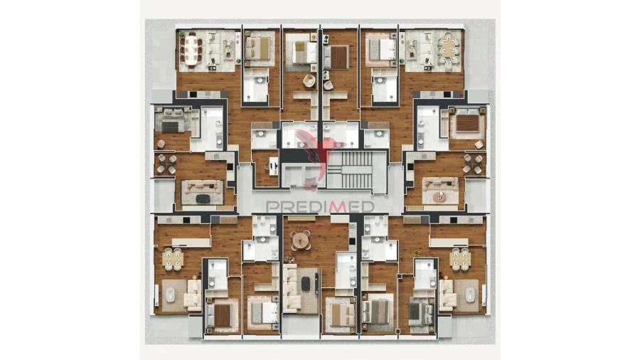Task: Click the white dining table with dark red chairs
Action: (191, 49)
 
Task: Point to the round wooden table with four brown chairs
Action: (301, 240)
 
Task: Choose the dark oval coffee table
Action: (203, 198)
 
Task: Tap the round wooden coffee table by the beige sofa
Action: (440, 196)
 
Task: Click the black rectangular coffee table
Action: (306, 284)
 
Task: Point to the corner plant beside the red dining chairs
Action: (182, 33)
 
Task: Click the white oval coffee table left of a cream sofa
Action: (170, 292)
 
